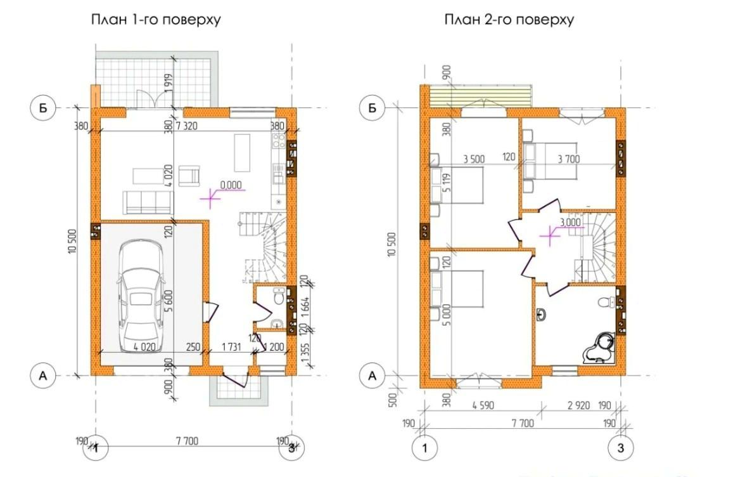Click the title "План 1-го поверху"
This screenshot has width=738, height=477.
tap(156, 21)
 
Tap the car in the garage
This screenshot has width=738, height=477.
tap(141, 296)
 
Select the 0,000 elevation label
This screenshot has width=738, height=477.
tap(231, 185)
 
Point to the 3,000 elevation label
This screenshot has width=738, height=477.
tap(570, 222)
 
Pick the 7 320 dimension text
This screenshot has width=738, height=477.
tap(187, 126)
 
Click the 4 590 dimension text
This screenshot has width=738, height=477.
tap(483, 405)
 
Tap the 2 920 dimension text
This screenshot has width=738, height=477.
tap(578, 405)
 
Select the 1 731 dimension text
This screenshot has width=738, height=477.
tap(231, 348)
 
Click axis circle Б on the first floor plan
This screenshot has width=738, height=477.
tap(43, 108)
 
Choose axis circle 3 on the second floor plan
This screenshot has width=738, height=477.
tap(621, 448)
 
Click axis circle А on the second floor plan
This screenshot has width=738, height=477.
tap(372, 376)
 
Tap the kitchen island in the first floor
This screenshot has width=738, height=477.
tap(243, 154)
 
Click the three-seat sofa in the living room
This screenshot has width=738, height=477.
tap(148, 202)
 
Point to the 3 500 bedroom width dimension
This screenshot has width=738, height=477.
tap(473, 159)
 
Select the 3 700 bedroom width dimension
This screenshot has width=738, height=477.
tap(569, 159)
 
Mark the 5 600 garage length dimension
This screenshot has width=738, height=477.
tap(169, 301)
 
